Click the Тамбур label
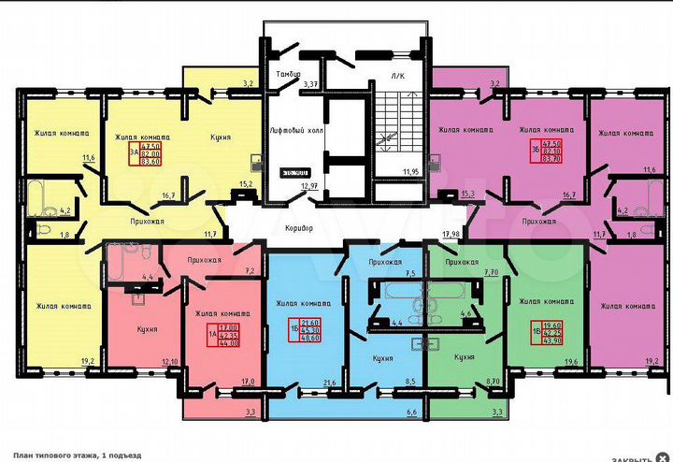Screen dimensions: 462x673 point(283,73)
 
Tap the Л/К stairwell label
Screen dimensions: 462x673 point(396,74)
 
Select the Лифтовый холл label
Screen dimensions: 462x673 point(295,130)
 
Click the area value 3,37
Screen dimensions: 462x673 point(310,84)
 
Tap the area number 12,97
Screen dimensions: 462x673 point(309,186)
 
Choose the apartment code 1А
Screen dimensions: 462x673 point(186,334)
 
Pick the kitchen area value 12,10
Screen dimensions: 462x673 point(169,362)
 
